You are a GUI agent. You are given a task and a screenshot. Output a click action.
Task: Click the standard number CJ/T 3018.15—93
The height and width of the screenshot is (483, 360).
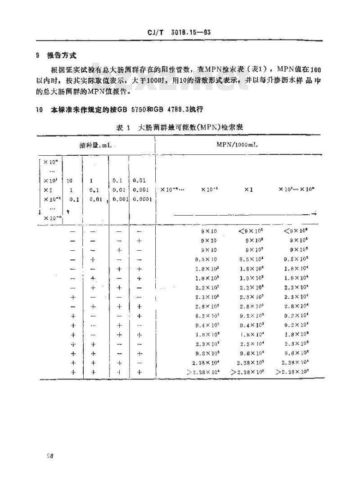click(x=179, y=32)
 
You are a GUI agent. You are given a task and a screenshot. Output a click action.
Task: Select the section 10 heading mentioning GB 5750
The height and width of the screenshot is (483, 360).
click(x=121, y=109)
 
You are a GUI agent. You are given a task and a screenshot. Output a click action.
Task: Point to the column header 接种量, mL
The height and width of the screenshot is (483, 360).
click(x=97, y=146)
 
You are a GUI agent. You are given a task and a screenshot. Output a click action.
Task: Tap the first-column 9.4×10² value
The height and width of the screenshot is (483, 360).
click(x=207, y=325)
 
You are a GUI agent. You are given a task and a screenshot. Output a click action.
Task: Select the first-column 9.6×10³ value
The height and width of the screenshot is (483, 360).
click(x=207, y=353)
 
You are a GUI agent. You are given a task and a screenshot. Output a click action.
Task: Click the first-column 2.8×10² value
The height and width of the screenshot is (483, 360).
click(x=207, y=306)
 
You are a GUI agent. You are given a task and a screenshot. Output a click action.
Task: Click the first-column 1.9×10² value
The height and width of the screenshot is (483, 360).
click(x=207, y=278)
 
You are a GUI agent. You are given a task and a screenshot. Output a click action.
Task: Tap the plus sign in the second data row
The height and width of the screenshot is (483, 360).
click(x=139, y=241)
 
